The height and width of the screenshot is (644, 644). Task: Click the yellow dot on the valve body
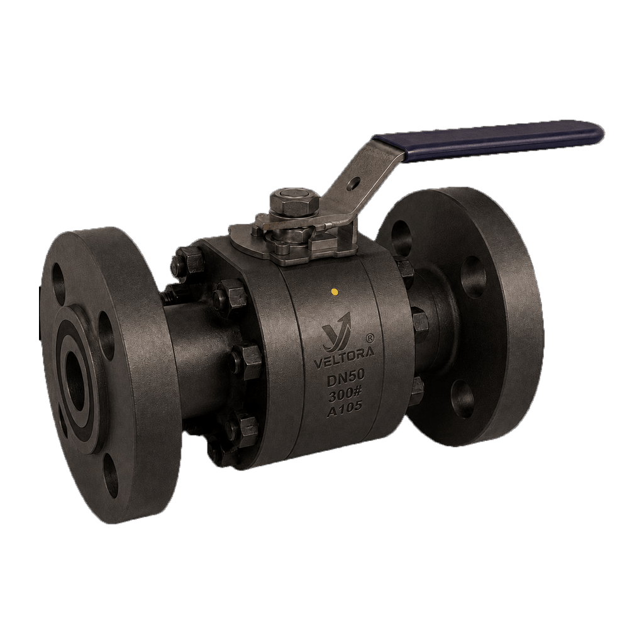point(335,292)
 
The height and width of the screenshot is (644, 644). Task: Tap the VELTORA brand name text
point(344,362)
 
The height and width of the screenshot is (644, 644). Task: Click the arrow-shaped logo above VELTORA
point(336,331)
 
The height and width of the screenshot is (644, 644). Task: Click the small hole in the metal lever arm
point(353,182)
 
